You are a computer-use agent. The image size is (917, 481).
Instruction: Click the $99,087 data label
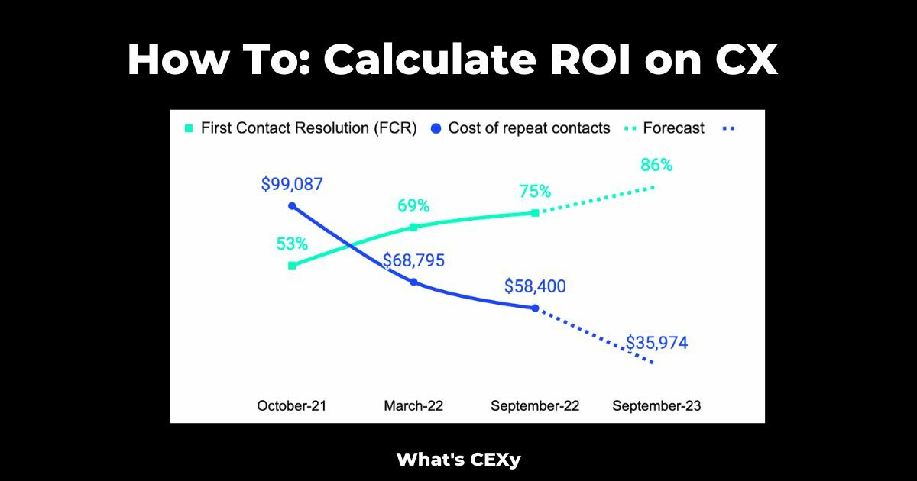[x=292, y=184]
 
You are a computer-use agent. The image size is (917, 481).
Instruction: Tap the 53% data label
[x=292, y=244]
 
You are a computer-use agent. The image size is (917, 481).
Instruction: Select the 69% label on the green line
[x=413, y=206]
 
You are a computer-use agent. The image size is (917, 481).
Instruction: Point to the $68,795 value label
[x=413, y=260]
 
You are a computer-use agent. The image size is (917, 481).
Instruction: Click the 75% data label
[x=535, y=192]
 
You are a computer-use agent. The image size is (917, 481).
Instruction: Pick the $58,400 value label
[x=535, y=286]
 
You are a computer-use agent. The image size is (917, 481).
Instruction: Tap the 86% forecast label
[x=656, y=165]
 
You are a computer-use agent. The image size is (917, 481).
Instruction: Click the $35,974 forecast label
[x=656, y=343]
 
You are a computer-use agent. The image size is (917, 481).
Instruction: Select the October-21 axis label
[x=292, y=406]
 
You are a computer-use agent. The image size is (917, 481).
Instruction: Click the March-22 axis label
[x=413, y=406]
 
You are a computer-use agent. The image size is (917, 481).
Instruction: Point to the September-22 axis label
[x=535, y=406]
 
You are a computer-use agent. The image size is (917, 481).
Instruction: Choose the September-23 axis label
[x=656, y=406]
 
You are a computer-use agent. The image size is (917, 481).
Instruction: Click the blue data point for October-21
[x=292, y=206]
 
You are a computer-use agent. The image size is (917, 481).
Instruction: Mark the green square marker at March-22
[x=413, y=227]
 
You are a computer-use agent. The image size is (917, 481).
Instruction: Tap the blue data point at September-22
[x=535, y=308]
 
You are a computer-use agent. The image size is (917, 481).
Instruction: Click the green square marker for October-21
[x=292, y=266]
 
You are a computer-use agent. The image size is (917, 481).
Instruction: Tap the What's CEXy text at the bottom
[x=458, y=460]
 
